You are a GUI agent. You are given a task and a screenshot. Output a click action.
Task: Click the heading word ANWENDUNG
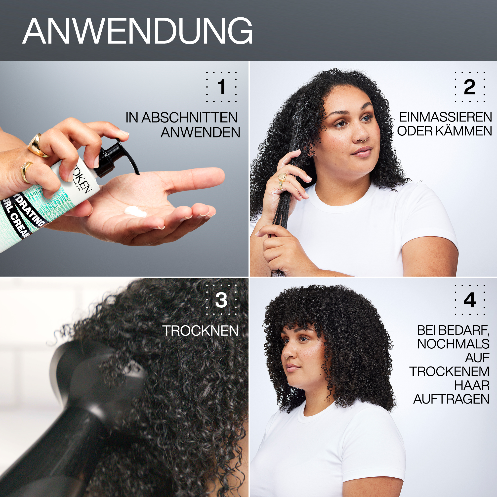point(138,31)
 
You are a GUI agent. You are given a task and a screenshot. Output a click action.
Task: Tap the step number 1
point(221,87)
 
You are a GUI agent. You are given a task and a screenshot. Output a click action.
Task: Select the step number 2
point(470,87)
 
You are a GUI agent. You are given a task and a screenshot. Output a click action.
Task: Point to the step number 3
point(221,300)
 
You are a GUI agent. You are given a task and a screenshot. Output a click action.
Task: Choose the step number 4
point(470,300)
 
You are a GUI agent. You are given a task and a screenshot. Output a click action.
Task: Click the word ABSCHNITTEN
point(190,118)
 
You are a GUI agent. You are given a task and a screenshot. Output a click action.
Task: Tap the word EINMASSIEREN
point(446,117)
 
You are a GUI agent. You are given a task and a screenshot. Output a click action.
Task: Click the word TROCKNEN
point(200,331)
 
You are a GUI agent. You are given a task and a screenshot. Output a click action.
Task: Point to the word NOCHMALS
point(453,344)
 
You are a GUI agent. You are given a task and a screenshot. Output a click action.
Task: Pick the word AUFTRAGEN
point(451,399)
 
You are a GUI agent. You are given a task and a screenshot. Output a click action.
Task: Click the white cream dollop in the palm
point(135,211)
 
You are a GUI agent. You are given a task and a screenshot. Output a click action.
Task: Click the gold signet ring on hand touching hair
point(282,177)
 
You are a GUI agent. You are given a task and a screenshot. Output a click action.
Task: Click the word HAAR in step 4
point(472,385)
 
